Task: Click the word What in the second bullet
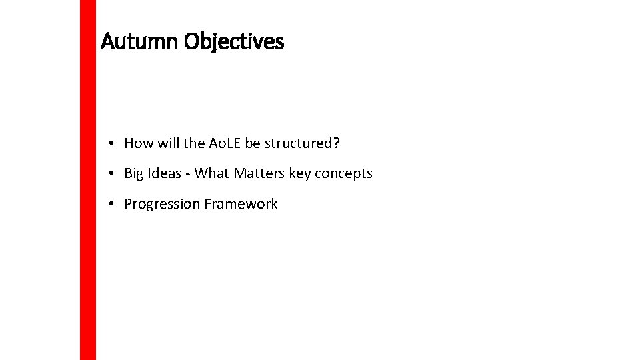[211, 174]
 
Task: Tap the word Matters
[259, 174]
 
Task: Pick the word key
[300, 174]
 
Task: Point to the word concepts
[344, 174]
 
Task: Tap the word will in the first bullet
[168, 143]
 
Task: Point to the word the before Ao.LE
[194, 143]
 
